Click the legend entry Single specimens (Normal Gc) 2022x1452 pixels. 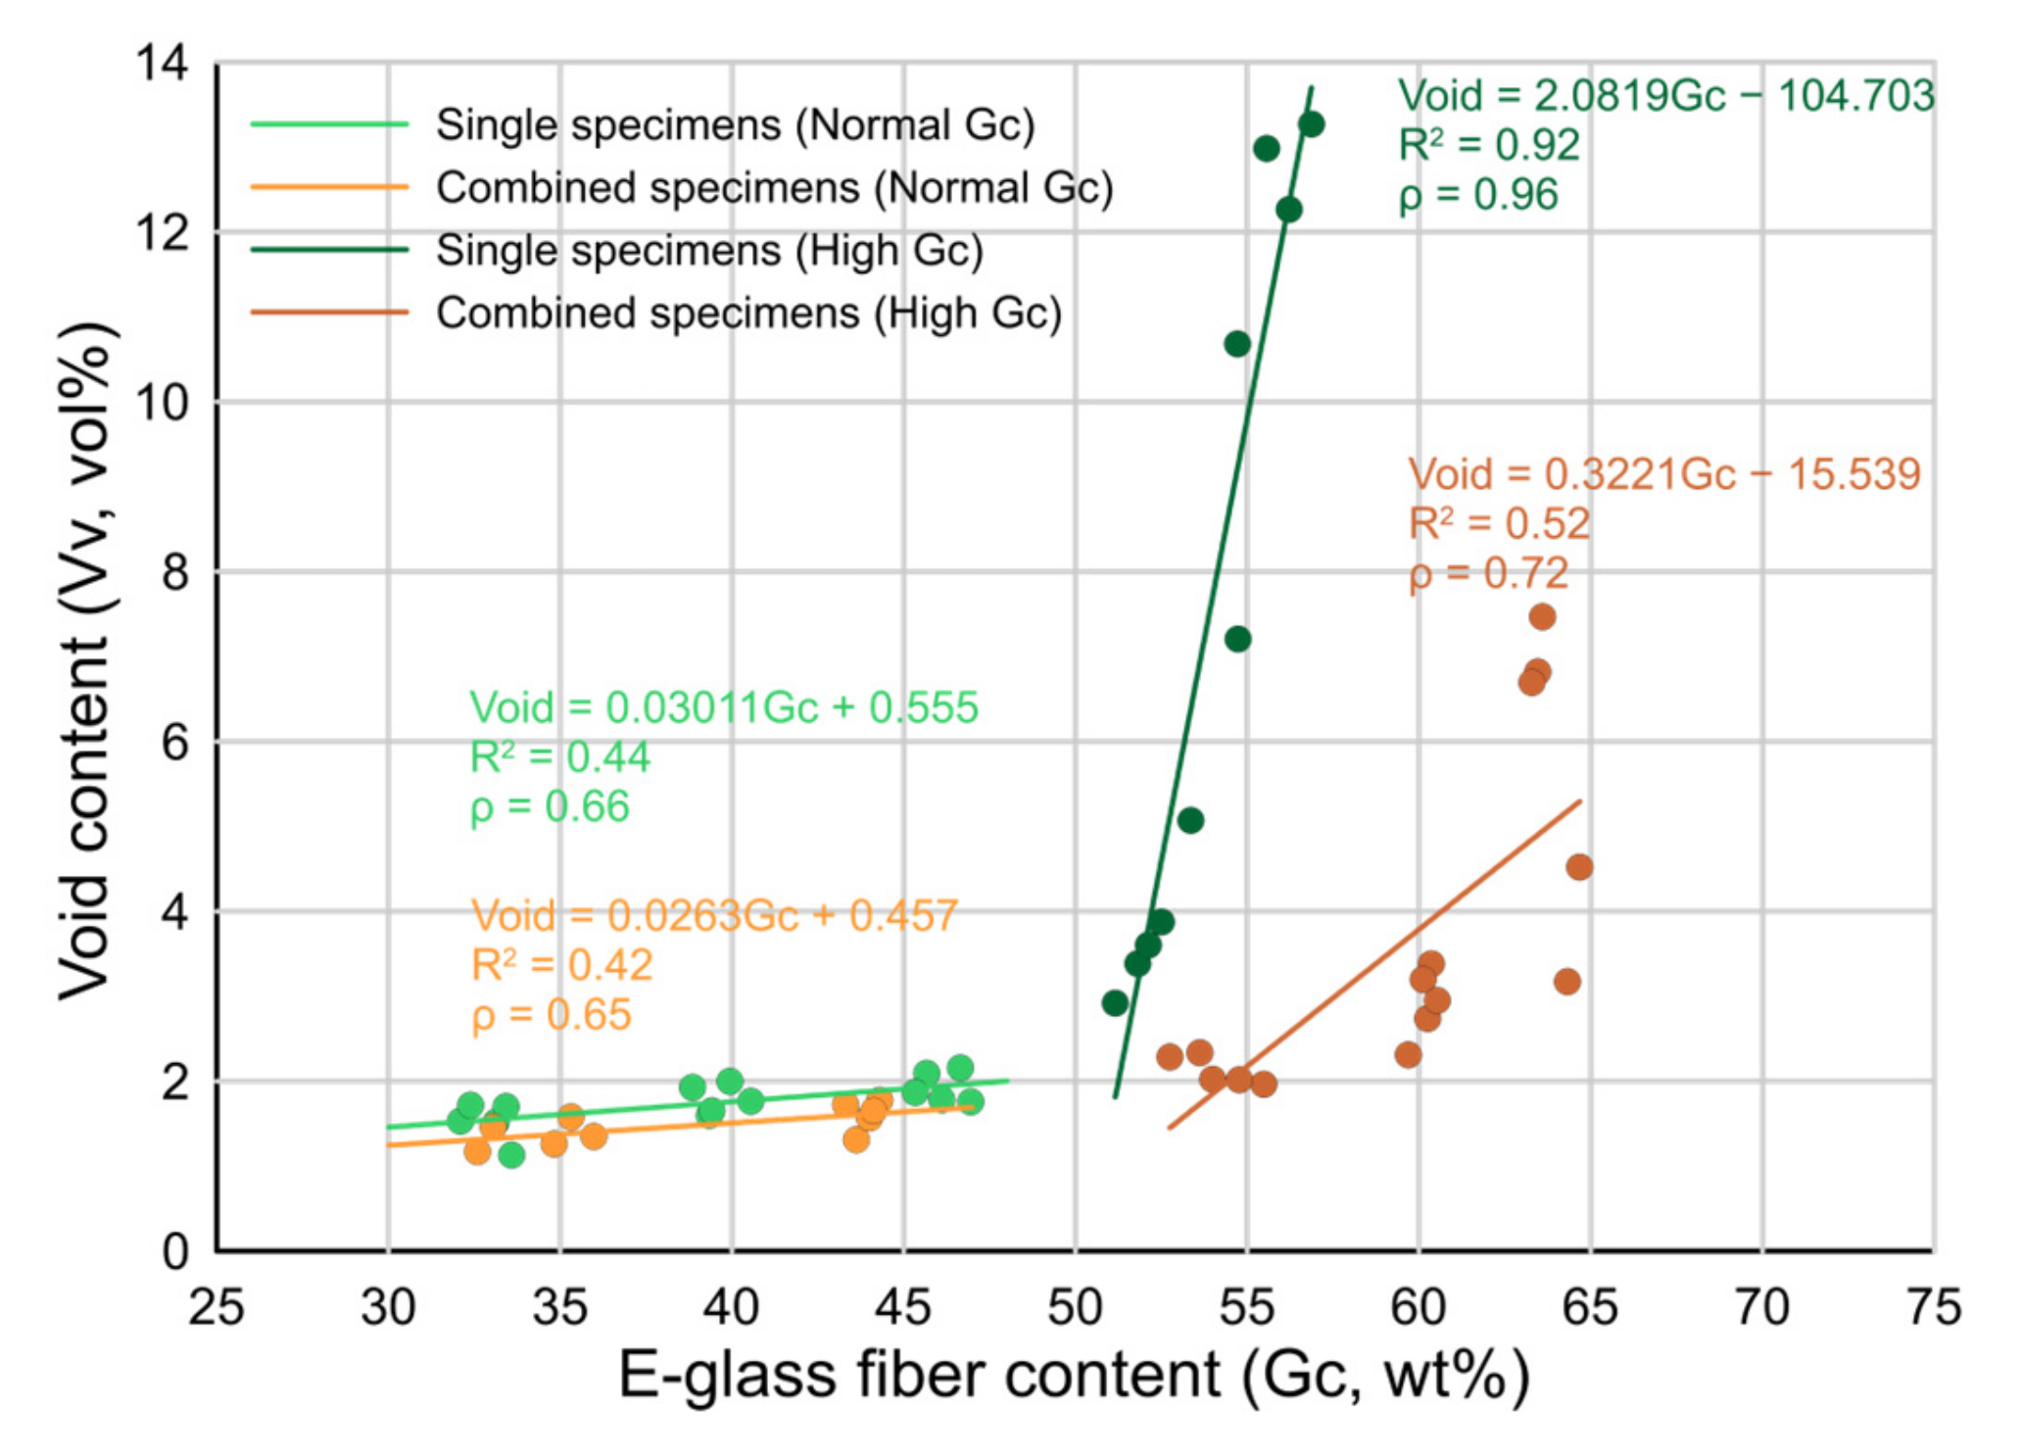tap(735, 125)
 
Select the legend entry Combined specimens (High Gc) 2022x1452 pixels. tap(748, 314)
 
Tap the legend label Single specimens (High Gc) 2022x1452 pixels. tap(709, 251)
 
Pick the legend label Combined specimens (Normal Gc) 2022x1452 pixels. tap(774, 188)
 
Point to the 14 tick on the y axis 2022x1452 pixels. tap(163, 65)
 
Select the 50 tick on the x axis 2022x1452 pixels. tap(1075, 1307)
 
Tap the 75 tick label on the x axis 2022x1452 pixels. tap(1933, 1307)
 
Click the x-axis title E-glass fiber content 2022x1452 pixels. tap(1074, 1376)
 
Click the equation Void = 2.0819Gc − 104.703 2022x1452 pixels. tap(1665, 96)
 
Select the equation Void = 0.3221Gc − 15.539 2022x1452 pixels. tap(1663, 474)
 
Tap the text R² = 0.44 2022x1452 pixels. tap(559, 757)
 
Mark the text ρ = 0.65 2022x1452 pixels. tap(551, 1015)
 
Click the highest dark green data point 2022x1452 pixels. tap(1311, 124)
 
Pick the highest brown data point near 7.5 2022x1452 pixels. tap(1542, 617)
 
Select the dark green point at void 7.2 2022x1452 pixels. tap(1237, 639)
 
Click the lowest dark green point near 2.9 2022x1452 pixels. tap(1115, 1002)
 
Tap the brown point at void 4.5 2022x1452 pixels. tap(1578, 867)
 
